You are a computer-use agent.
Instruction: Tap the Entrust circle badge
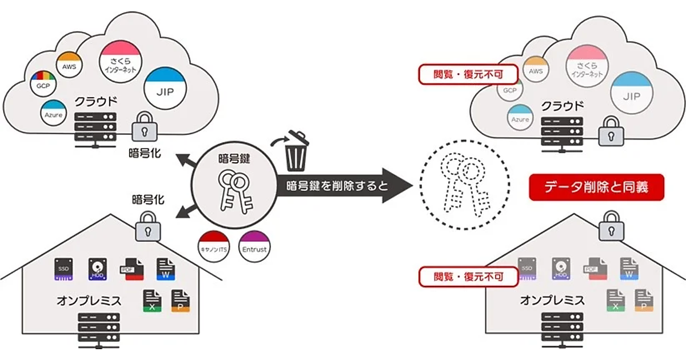(254, 247)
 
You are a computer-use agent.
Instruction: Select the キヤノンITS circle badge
(213, 247)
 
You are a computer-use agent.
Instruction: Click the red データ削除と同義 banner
(597, 187)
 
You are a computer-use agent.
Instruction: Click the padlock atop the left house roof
(148, 227)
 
